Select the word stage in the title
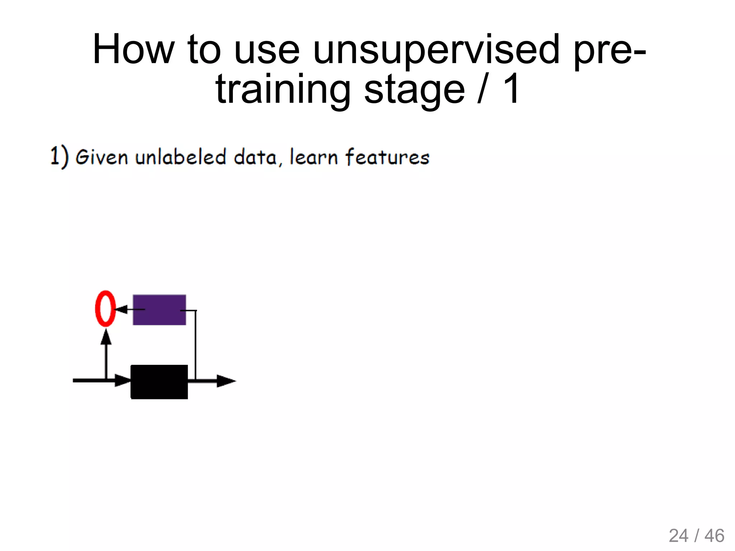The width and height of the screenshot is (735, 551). click(414, 90)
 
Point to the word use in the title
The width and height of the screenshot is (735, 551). click(266, 50)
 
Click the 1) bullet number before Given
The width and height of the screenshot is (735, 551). click(59, 157)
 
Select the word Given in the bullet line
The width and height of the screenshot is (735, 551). click(102, 157)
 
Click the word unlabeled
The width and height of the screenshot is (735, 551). click(181, 157)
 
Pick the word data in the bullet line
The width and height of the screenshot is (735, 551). click(255, 157)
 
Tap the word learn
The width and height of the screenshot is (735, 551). click(313, 157)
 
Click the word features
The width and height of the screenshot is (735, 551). click(387, 157)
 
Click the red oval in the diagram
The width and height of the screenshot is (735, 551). click(105, 309)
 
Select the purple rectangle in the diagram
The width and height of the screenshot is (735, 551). click(159, 310)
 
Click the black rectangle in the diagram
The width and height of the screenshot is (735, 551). click(159, 382)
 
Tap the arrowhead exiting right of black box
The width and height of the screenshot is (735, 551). click(225, 381)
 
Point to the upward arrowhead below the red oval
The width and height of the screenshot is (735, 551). click(106, 337)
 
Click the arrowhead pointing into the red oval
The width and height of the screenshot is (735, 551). click(121, 309)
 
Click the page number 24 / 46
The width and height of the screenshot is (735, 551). click(696, 536)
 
